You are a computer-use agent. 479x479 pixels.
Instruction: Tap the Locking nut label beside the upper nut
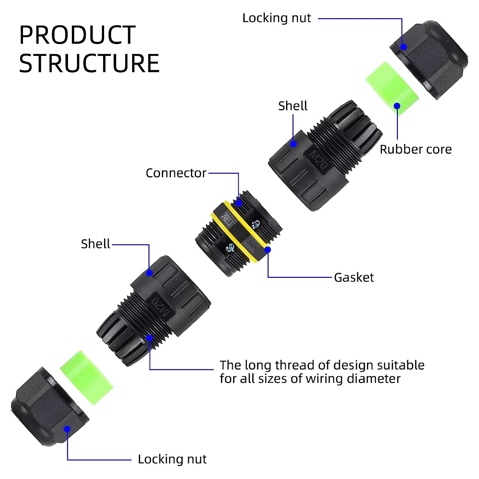(277, 18)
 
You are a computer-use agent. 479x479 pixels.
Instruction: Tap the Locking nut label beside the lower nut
(172, 459)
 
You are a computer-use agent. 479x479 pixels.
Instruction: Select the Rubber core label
(416, 149)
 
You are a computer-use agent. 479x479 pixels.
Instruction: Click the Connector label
(176, 173)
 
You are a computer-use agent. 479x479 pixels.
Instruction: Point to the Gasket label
(354, 277)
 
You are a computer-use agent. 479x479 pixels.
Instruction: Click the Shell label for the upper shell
(293, 106)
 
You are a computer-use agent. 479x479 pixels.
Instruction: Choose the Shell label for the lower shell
(95, 244)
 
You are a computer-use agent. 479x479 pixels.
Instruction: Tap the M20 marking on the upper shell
(319, 159)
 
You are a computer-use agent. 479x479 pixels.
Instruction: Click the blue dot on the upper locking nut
(403, 47)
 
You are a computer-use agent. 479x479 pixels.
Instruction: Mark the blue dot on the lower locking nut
(67, 429)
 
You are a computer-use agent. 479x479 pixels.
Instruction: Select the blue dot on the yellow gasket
(268, 249)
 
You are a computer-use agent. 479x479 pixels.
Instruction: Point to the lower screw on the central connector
(230, 247)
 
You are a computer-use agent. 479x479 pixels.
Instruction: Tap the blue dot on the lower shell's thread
(149, 338)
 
